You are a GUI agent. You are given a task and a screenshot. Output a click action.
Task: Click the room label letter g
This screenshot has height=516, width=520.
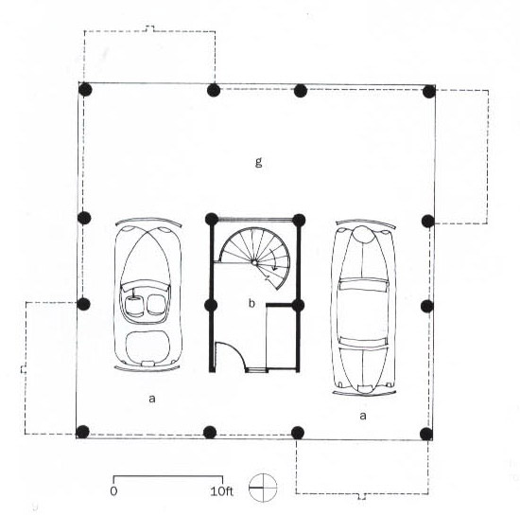coord(259,162)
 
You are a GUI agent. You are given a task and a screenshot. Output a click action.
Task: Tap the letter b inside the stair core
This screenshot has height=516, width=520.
coord(252,303)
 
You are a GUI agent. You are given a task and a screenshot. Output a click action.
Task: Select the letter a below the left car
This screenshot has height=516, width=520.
coord(152,398)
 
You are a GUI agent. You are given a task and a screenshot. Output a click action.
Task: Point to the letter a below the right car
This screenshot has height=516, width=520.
coord(363,416)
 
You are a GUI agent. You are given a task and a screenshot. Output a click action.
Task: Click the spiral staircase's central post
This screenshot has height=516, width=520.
coord(254,262)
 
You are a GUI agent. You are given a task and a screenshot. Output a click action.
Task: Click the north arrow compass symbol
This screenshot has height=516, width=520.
coord(263,488)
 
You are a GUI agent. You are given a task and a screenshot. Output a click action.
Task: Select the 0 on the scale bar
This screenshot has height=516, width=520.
coord(113,491)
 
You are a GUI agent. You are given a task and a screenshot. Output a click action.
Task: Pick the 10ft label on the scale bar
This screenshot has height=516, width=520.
coord(221,491)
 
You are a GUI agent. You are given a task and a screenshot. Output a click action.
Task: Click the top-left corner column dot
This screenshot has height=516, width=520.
coord(85,90)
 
